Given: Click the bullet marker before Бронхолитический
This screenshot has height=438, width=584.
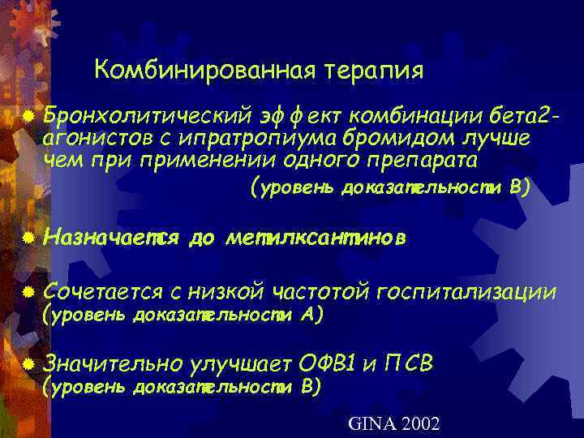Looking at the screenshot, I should (29, 118).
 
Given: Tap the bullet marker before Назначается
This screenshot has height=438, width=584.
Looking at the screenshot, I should (29, 239).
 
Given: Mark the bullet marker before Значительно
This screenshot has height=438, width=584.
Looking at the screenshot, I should (29, 366).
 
